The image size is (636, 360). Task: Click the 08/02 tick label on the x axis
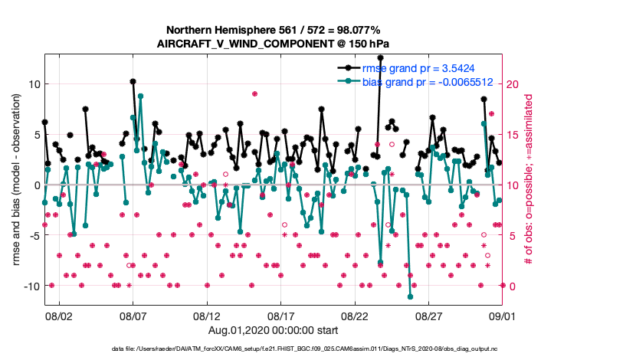[x=59, y=316]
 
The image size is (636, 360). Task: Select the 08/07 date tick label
[x=133, y=316]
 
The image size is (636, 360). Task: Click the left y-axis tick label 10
[x=34, y=83]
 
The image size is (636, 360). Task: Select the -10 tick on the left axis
[x=31, y=286]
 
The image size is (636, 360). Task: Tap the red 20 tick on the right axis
[x=515, y=83]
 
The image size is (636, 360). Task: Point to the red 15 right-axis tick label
[x=515, y=134]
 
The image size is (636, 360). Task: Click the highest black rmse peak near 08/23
[x=381, y=57]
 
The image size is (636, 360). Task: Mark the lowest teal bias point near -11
[x=411, y=296]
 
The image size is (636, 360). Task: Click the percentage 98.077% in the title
[x=354, y=30]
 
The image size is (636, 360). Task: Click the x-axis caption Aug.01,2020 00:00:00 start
[x=274, y=329]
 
